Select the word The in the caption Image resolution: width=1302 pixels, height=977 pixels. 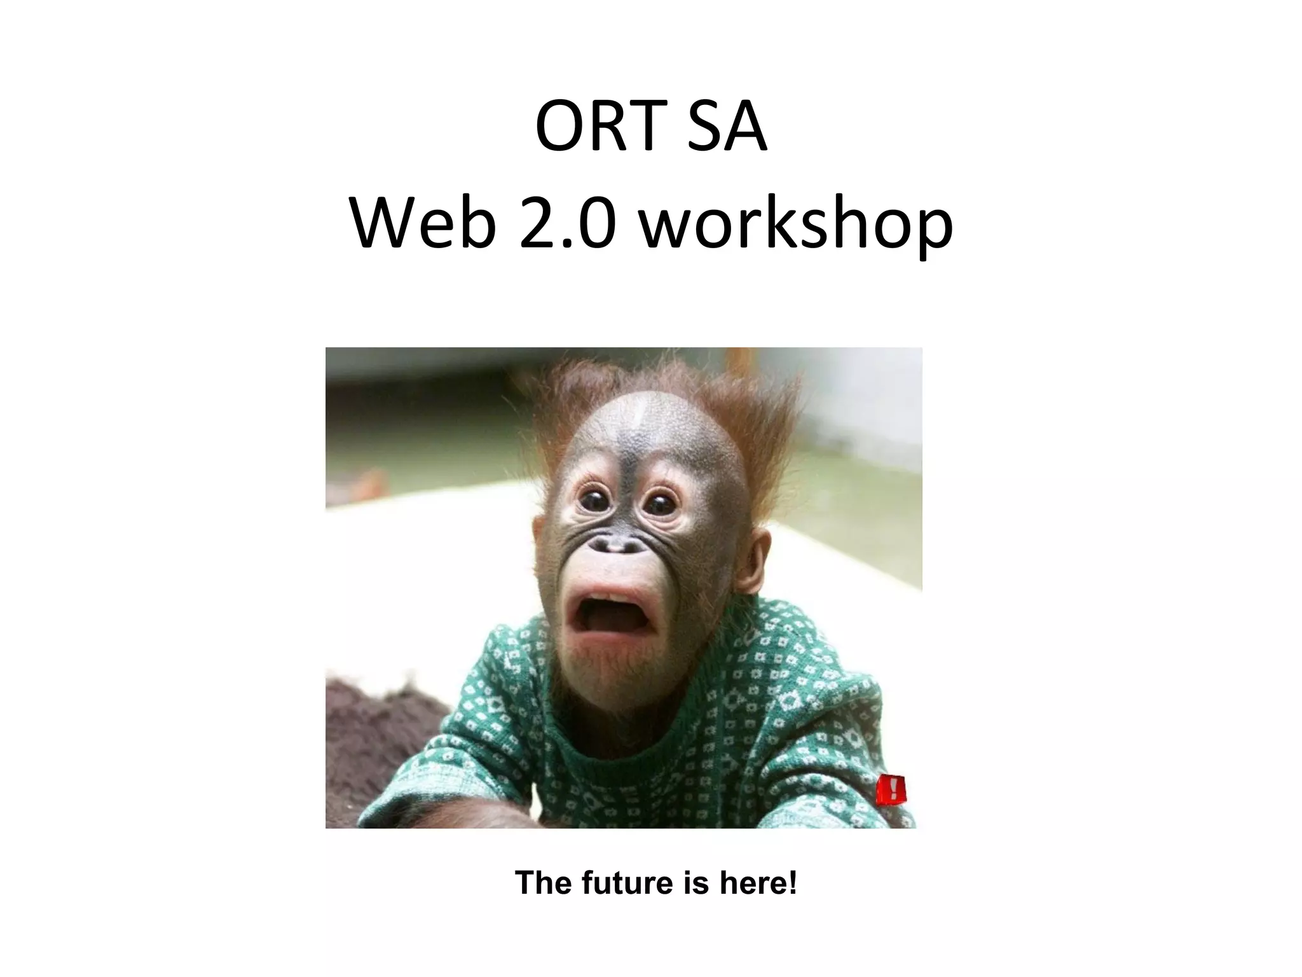(x=540, y=883)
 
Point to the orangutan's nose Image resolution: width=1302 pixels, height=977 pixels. (x=619, y=545)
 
